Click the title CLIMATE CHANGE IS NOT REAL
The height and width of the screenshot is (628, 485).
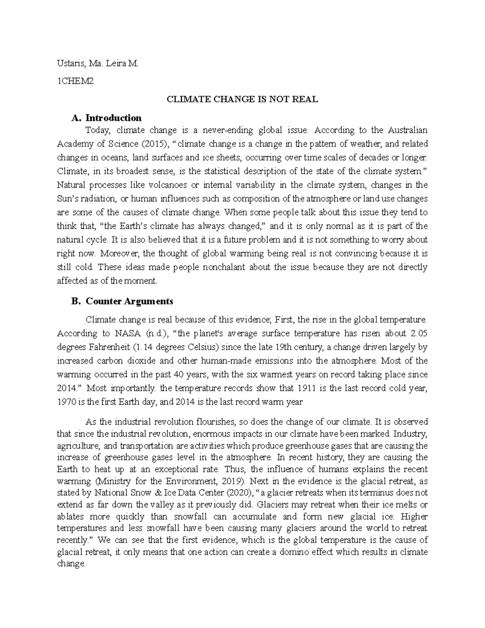[242, 99]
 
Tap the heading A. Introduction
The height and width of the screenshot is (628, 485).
[106, 118]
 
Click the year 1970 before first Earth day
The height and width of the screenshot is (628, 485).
[65, 402]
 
